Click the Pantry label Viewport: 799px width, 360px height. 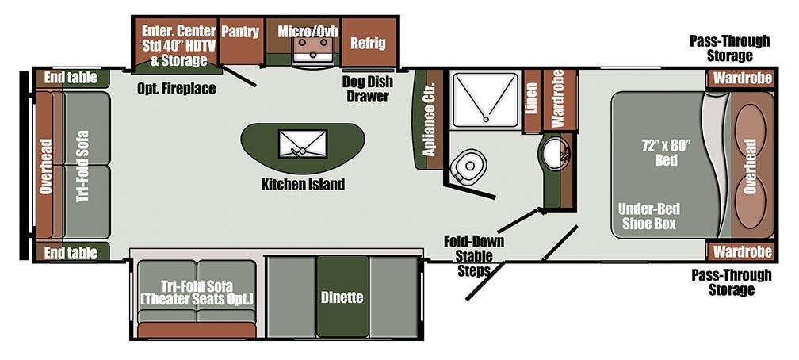pos(240,32)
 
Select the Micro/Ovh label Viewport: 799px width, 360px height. pos(308,32)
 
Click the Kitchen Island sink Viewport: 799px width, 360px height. pos(302,144)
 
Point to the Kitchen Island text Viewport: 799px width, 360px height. pos(303,185)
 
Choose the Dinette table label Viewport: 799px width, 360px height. pos(342,298)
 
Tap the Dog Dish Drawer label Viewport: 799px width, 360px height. pos(365,89)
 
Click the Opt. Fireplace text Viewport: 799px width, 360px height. pos(176,89)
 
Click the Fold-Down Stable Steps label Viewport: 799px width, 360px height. pos(479,255)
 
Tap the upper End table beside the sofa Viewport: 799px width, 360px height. pos(71,78)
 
